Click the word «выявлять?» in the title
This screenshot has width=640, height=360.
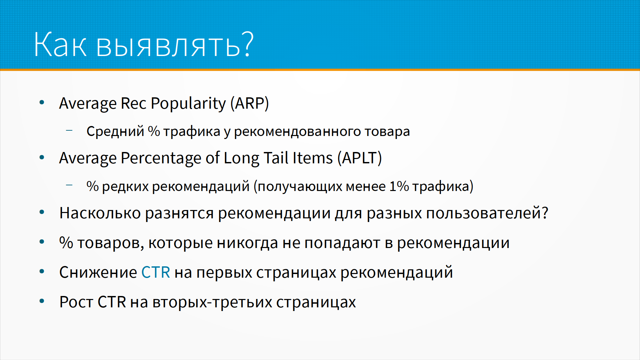[x=175, y=45]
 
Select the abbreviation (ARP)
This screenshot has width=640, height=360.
[x=250, y=103]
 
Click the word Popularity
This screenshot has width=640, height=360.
[x=188, y=104]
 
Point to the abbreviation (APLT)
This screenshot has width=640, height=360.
[x=360, y=158]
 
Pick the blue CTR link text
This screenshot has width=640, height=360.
[x=156, y=272]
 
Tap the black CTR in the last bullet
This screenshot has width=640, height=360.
[x=112, y=302]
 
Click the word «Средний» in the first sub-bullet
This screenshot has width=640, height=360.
[x=115, y=131]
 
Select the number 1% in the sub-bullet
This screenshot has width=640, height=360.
[x=399, y=186]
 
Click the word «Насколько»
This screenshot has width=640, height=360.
[x=100, y=213]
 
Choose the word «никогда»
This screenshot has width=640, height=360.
[x=247, y=243]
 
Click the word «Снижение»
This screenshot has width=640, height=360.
[x=98, y=272]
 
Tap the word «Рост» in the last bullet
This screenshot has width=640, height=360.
[x=76, y=302]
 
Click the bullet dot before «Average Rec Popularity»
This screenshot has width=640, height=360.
[x=42, y=102]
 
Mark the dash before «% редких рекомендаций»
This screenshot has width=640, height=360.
[x=69, y=185]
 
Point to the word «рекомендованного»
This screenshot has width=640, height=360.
[x=298, y=132]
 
